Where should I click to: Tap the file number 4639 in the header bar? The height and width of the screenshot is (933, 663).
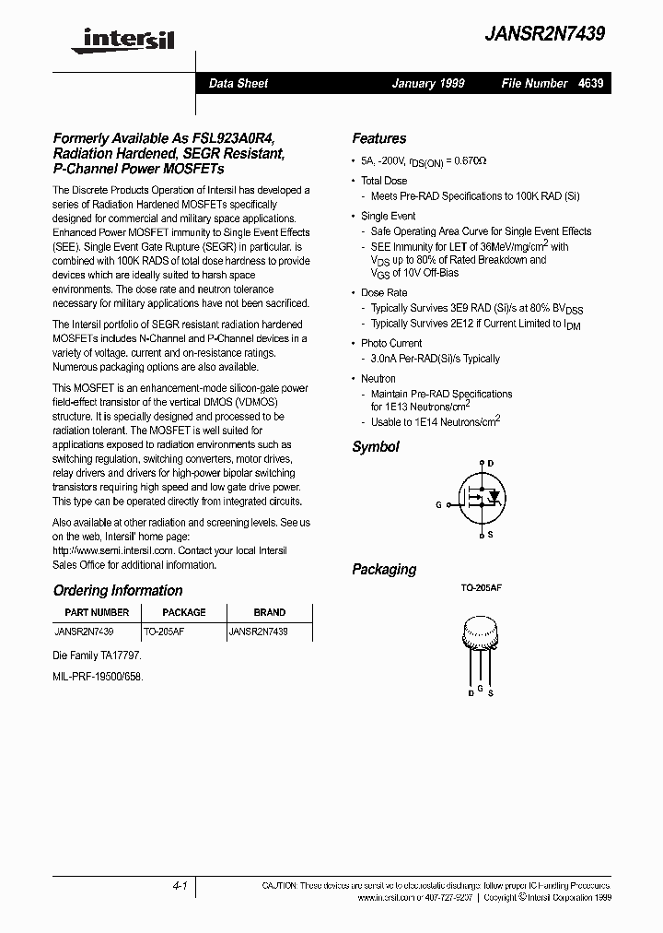(x=591, y=83)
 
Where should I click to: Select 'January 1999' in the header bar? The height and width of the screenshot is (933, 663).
(x=428, y=83)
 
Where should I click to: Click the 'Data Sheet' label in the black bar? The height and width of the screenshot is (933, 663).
(x=238, y=83)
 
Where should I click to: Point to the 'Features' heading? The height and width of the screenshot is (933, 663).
(x=378, y=138)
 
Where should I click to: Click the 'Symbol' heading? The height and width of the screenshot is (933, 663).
(x=376, y=446)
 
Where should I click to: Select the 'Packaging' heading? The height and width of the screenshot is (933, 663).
(x=384, y=569)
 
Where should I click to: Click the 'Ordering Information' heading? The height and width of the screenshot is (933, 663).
(x=118, y=590)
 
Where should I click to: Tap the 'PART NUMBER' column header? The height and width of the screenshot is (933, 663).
(x=97, y=612)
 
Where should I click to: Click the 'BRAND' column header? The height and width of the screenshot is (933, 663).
(x=269, y=612)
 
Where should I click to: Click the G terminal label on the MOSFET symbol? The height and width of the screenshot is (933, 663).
(x=438, y=504)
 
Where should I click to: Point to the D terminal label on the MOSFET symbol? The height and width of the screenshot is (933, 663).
(x=490, y=463)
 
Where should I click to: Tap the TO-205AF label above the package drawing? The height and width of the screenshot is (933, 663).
(x=480, y=588)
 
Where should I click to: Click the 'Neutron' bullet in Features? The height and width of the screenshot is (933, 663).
(x=378, y=378)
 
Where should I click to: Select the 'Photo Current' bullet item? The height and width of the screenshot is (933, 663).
(x=391, y=343)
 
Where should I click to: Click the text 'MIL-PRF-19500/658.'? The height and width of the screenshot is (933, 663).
(x=99, y=675)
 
